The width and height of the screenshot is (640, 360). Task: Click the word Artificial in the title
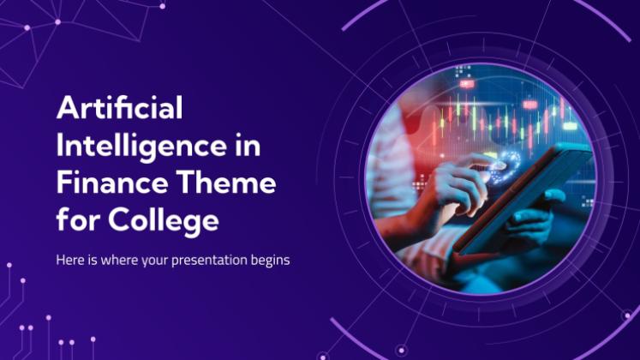pos(120,108)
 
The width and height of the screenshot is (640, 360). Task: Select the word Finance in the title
pos(112,183)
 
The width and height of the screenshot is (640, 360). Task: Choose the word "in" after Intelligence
pos(248,146)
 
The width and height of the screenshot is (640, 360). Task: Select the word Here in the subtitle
pos(70,260)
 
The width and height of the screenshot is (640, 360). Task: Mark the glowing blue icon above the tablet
pos(505,167)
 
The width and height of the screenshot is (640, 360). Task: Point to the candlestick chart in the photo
pos(502,118)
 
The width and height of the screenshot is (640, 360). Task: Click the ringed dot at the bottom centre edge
pos(401,350)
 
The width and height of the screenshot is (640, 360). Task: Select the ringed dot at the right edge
pos(627,315)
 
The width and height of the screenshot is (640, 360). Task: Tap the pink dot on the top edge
pos(163,6)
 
